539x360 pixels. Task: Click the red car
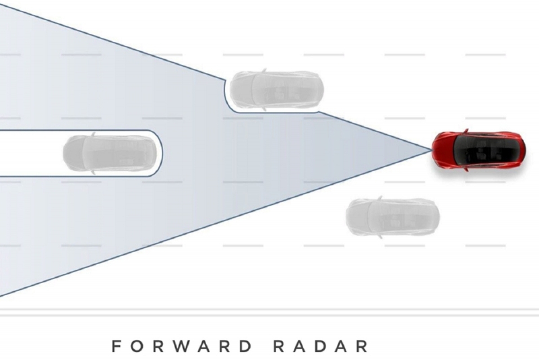(479, 150)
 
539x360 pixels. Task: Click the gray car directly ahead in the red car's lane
(110, 153)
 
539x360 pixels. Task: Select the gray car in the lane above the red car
(277, 89)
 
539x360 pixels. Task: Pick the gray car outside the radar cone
(393, 217)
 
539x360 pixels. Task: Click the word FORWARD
(182, 346)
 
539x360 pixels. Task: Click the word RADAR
(321, 346)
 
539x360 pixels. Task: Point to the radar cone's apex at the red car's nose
(432, 150)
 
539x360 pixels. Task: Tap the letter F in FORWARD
(117, 346)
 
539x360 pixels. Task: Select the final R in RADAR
(362, 346)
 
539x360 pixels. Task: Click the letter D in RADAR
(321, 346)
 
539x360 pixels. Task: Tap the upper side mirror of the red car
(466, 131)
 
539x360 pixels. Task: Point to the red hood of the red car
(443, 150)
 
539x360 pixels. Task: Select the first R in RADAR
(279, 346)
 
